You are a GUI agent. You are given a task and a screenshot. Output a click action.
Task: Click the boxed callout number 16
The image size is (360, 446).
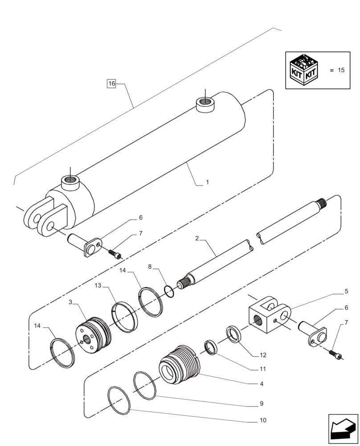tap(111, 83)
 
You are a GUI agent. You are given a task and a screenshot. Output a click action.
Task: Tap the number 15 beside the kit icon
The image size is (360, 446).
tap(341, 70)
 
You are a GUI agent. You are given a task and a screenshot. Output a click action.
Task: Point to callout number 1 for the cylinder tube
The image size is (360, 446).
tap(207, 182)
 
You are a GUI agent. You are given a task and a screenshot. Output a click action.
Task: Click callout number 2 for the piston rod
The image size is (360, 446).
tap(196, 239)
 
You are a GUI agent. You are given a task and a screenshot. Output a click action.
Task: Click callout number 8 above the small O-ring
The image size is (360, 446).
tap(150, 266)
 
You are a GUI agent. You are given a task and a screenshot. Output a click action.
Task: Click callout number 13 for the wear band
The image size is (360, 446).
tap(98, 285)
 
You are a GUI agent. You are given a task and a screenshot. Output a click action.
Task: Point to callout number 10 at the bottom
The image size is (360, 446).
tap(263, 420)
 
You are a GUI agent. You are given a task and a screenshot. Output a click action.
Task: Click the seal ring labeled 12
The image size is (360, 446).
tap(234, 334)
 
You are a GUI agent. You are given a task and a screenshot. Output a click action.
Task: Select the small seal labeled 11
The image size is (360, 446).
tap(211, 347)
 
